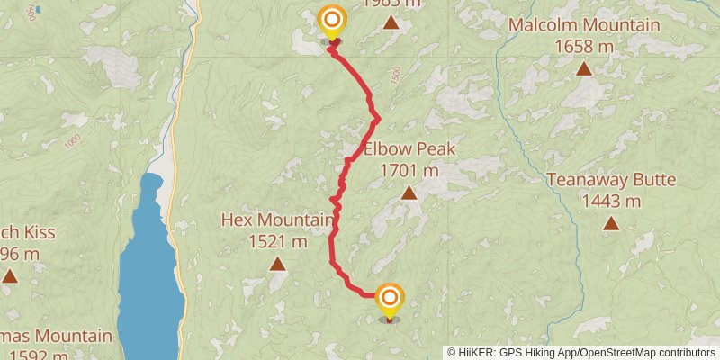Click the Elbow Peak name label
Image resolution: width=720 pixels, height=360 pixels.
tap(409, 149)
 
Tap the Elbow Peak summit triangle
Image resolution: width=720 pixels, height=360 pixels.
tap(409, 193)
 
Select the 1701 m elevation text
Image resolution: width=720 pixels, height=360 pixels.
tap(409, 169)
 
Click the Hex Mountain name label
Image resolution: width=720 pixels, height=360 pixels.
tap(278, 220)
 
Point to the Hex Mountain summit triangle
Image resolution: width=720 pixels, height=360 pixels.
tap(278, 264)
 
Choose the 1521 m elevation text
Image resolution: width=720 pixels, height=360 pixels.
tap(278, 240)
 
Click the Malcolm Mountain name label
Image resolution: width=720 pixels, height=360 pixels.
tap(584, 25)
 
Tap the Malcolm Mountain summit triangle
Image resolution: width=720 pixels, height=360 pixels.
tap(584, 68)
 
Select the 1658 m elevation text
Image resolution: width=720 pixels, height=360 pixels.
tap(584, 46)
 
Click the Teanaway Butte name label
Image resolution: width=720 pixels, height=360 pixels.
tap(611, 180)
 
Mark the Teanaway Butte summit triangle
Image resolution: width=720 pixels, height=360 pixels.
tap(611, 223)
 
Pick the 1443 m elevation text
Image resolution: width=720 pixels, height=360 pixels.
tap(611, 201)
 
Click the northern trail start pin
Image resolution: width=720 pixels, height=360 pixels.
tap(333, 21)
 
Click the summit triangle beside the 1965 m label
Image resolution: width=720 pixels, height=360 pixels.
tap(390, 22)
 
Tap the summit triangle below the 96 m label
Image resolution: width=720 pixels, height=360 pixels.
tap(10, 275)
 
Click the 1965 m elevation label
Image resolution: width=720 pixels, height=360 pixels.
tap(391, 4)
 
